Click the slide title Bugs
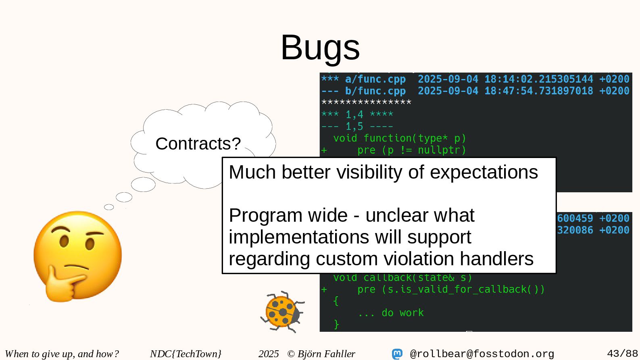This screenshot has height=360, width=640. (320, 48)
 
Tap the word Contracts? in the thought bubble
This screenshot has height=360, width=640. (198, 144)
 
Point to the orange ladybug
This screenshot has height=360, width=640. (283, 312)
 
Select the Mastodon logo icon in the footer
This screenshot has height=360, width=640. (397, 354)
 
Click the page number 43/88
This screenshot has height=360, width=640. (622, 354)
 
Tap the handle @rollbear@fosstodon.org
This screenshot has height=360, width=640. (482, 354)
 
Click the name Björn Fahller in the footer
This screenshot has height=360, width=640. (326, 354)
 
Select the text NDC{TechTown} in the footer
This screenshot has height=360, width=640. (186, 354)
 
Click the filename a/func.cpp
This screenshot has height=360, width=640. (375, 79)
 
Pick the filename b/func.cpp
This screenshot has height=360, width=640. (375, 91)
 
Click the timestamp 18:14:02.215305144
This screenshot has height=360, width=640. (539, 79)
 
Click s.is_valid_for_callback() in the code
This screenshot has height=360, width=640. (463, 289)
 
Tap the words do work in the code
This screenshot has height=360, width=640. (402, 313)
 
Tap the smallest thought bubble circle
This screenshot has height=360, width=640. (109, 207)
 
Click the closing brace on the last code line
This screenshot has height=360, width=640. (336, 325)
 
